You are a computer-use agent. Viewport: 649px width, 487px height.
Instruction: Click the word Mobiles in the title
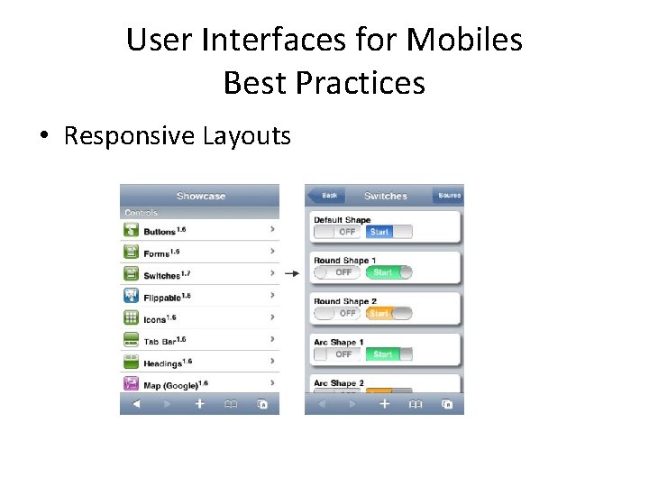[x=464, y=40]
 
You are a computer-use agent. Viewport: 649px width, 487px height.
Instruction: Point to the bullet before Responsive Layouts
[x=43, y=137]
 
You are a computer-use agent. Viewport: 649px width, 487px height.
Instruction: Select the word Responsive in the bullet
[x=129, y=136]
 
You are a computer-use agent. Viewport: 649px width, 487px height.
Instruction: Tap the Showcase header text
[x=201, y=196]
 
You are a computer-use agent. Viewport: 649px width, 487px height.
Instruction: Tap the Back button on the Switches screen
[x=327, y=196]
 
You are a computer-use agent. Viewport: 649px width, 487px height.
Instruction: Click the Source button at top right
[x=448, y=196]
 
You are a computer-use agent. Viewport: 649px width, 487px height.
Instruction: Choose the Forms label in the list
[x=158, y=253]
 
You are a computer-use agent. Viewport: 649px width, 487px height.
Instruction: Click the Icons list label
[x=156, y=319]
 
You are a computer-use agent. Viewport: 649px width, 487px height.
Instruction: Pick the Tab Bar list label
[x=160, y=341]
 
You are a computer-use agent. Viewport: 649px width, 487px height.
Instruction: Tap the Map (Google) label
[x=171, y=385]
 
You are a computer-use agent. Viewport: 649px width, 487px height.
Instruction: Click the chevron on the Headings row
[x=272, y=363]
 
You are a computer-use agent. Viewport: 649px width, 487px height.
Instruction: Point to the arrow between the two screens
[x=292, y=273]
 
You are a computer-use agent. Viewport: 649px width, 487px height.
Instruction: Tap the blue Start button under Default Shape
[x=379, y=232]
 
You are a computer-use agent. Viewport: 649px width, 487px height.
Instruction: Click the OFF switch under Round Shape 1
[x=343, y=272]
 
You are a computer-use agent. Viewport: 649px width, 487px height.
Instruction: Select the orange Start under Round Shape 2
[x=379, y=314]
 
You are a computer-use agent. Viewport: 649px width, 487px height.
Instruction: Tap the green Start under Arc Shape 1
[x=383, y=354]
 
